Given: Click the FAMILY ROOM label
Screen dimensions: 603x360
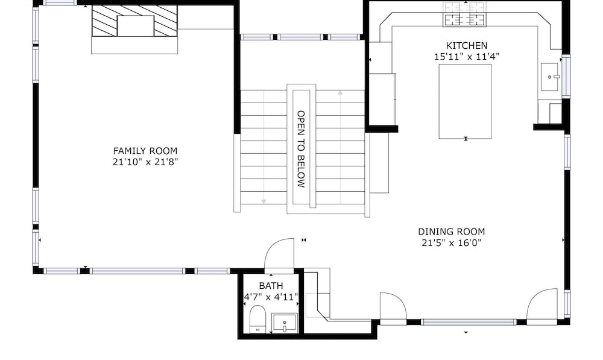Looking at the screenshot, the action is (x=145, y=151).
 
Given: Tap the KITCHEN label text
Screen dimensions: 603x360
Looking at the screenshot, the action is (x=467, y=45).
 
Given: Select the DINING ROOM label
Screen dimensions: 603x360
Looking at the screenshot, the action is (x=452, y=232).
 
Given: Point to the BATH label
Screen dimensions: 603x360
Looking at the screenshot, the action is (x=271, y=286).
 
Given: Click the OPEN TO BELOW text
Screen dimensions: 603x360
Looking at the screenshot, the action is (x=301, y=149).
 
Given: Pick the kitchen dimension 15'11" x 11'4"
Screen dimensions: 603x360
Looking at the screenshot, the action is (x=467, y=57).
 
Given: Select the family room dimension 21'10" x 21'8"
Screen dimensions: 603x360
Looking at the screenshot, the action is (x=145, y=162).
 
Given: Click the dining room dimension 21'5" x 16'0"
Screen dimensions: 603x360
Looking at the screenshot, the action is (x=452, y=242).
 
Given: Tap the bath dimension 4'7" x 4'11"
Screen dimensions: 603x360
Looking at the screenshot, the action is (x=271, y=297).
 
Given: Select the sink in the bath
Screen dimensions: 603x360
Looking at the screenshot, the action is (x=285, y=322).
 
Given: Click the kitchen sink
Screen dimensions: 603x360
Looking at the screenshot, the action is (x=550, y=77).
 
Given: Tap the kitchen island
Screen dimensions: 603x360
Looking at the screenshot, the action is (x=466, y=101).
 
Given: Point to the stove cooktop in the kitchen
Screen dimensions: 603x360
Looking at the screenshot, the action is (x=464, y=14).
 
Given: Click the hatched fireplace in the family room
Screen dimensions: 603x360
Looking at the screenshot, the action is (x=134, y=21).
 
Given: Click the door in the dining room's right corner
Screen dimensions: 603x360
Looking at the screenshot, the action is (x=542, y=305).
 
